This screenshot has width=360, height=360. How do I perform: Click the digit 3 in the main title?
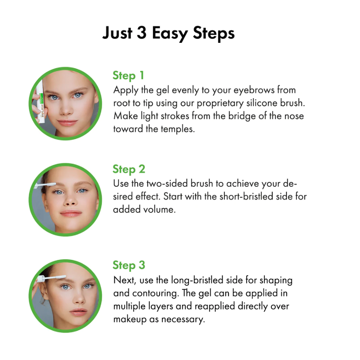(141, 33)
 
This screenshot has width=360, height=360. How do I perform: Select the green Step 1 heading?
(128, 76)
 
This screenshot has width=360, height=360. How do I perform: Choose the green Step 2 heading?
(129, 169)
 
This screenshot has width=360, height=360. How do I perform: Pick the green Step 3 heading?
(129, 265)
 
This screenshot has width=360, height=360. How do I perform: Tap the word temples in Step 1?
(177, 129)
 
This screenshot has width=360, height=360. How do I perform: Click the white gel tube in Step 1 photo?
(41, 101)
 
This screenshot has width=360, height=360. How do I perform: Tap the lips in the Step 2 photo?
(71, 213)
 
